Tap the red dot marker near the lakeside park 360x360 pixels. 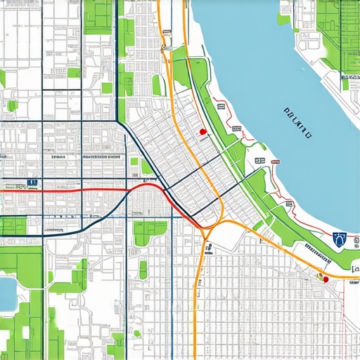(x=202, y=131)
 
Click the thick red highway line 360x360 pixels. (x=84, y=190)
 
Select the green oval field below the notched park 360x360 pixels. (x=143, y=269)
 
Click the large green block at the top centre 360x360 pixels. (x=98, y=18)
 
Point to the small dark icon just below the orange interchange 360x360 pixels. (x=209, y=246)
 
